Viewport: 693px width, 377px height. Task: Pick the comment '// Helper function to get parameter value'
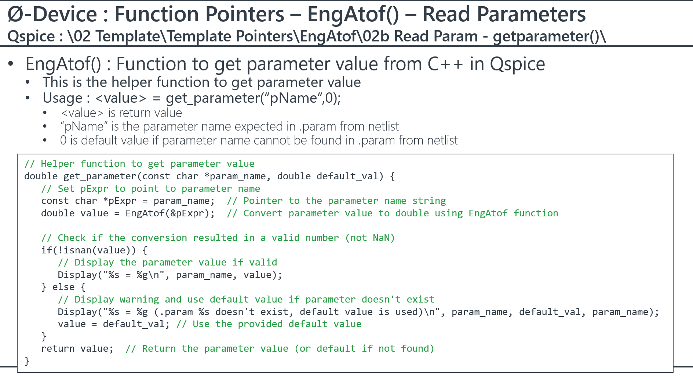coord(139,164)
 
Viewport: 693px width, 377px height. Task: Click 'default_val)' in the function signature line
coord(350,176)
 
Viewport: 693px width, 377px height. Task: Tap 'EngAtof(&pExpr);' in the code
coord(170,213)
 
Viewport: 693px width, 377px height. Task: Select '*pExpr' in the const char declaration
coord(120,201)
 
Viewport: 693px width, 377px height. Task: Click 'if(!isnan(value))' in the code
coord(88,250)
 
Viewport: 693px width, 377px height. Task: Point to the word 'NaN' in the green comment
coord(381,238)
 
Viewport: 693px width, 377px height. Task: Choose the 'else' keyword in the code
coord(63,287)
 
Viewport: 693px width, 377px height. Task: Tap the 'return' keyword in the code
coord(58,349)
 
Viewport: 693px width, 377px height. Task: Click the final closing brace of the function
coord(27,361)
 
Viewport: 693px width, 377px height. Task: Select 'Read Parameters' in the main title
coord(504,14)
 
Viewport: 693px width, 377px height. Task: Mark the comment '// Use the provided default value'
coord(269,324)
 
